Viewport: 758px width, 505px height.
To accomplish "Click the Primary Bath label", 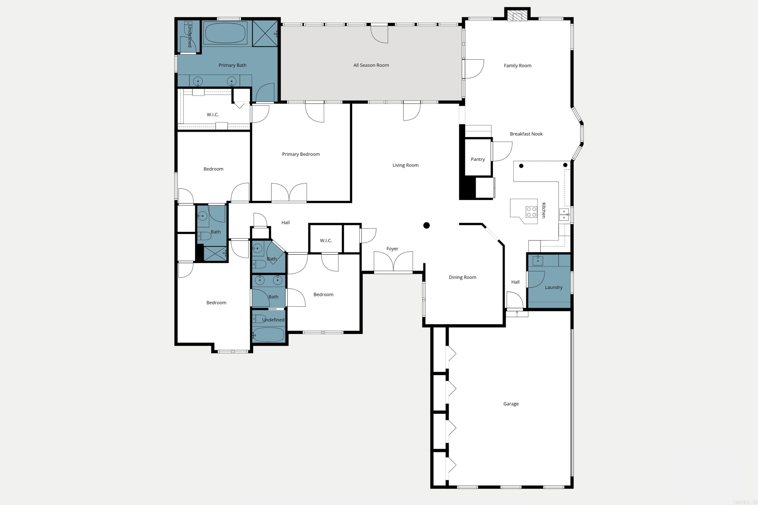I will point(232,65).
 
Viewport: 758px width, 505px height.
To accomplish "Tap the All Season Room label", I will point(371,65).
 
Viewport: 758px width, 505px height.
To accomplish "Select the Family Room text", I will point(517,66).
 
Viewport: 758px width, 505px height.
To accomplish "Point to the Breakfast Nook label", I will point(526,134).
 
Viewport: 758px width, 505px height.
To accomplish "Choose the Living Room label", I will point(405,165).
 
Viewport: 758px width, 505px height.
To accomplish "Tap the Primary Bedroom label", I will point(301,154).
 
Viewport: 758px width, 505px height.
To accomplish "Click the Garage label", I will point(511,404).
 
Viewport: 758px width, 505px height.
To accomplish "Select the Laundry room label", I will point(553,287).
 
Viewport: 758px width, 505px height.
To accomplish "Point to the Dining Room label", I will point(462,277).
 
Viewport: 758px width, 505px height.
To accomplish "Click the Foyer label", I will point(392,249).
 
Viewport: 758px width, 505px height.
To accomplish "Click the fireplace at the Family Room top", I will point(517,16).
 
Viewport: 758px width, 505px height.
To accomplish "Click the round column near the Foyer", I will point(426,225).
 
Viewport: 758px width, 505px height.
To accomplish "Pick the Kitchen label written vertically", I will point(543,210).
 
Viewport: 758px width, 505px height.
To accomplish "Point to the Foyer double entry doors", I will point(393,262).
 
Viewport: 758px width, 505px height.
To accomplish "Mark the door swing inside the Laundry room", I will point(536,279).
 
